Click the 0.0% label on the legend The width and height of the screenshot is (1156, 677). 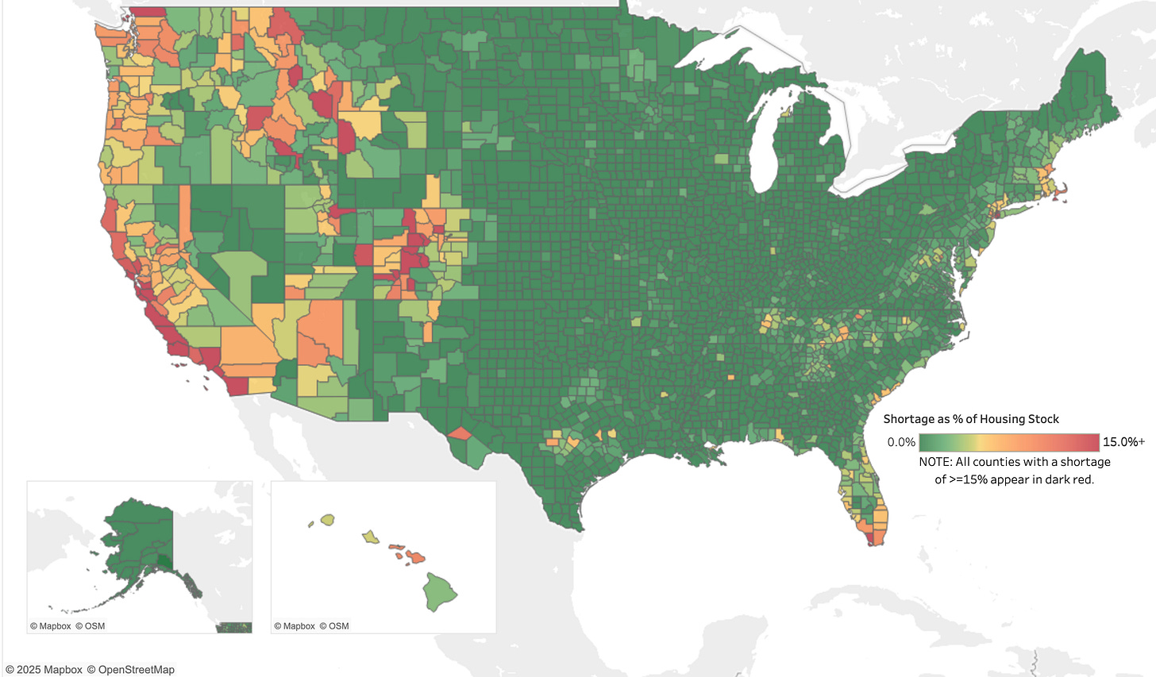pos(901,443)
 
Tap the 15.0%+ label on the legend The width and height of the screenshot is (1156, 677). pos(1123,442)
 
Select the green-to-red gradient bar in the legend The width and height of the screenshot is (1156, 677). pos(1008,443)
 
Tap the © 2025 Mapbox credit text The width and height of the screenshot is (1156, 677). pos(44,670)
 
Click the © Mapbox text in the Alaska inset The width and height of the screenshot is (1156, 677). pos(51,626)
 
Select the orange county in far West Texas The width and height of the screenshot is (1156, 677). pos(459,433)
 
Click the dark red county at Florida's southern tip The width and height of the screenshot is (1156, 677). pos(871,539)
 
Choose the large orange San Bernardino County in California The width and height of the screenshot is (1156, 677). pos(248,344)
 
